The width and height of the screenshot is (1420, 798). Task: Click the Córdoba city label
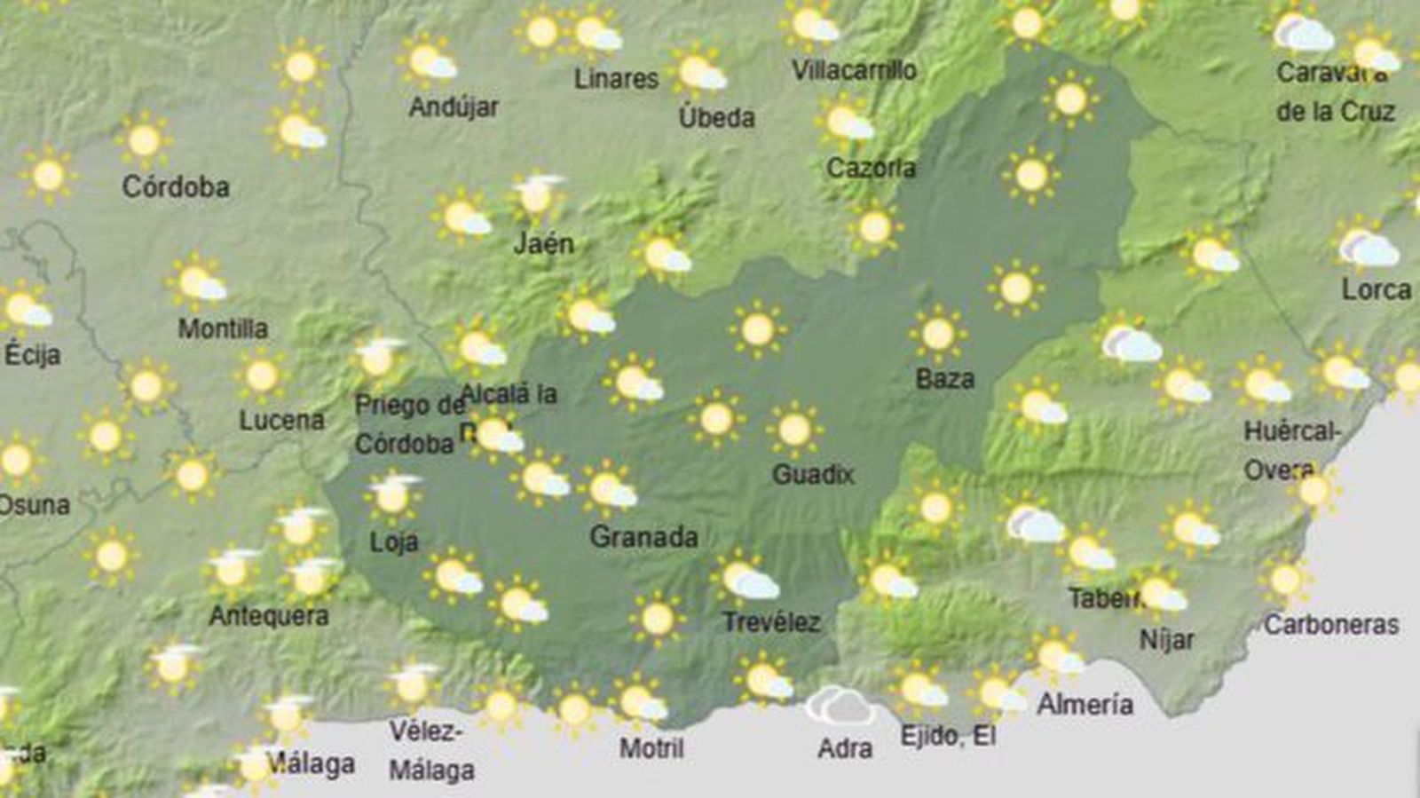(x=176, y=187)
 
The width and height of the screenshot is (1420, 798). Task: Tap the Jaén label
(x=544, y=243)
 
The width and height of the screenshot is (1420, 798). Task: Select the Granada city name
(x=643, y=537)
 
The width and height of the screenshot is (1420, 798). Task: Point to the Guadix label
(x=813, y=475)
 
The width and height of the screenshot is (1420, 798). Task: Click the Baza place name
(x=944, y=380)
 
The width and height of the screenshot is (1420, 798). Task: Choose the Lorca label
(x=1376, y=290)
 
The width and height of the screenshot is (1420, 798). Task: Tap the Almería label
(x=1085, y=705)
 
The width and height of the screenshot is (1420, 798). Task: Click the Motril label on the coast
(x=651, y=748)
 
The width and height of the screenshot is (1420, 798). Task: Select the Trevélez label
(x=771, y=622)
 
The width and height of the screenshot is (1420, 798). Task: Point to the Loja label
(x=394, y=541)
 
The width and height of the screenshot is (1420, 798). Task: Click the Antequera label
(x=269, y=616)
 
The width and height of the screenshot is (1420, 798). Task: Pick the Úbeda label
(x=716, y=118)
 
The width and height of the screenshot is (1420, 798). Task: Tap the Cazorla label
(x=871, y=168)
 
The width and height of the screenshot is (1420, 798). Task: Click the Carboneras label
(x=1331, y=625)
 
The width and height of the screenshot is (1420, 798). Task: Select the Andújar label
(x=454, y=107)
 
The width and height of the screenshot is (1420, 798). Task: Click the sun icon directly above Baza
(x=937, y=334)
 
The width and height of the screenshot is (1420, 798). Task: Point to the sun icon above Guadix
(x=794, y=430)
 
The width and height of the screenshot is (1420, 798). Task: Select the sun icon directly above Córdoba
(x=144, y=140)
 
